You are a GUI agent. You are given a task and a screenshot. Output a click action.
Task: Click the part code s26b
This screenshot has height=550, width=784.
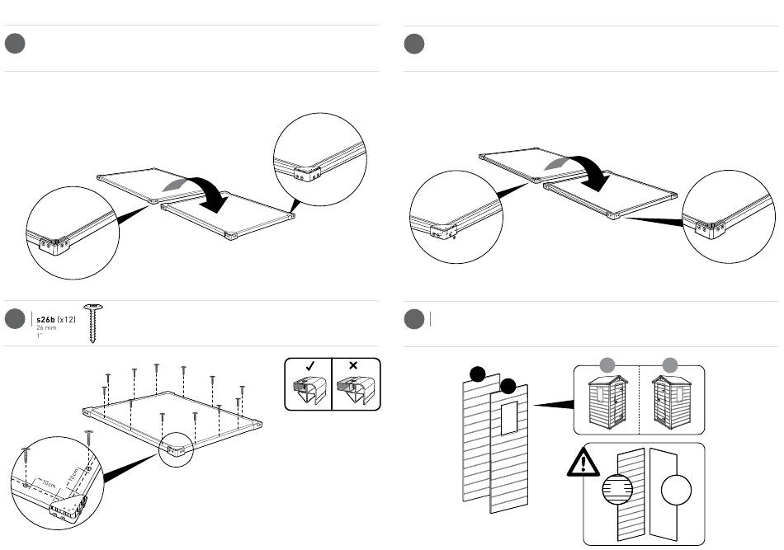(x=45, y=319)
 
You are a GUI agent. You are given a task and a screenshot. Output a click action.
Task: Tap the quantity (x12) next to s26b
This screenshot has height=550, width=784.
(x=67, y=319)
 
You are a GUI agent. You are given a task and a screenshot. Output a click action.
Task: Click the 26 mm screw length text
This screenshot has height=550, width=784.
(x=45, y=328)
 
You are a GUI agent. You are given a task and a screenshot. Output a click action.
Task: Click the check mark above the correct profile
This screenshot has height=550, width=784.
(x=307, y=366)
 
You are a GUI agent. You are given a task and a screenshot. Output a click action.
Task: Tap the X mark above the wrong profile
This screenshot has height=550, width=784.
(x=355, y=366)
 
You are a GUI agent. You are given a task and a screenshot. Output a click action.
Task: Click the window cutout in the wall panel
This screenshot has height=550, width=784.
(x=508, y=419)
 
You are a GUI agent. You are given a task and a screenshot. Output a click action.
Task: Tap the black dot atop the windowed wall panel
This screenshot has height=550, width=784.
(x=508, y=386)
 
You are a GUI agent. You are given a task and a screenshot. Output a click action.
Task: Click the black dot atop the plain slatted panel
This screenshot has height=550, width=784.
(x=477, y=374)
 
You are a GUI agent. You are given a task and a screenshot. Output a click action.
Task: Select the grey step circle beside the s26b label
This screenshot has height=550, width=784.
(x=16, y=321)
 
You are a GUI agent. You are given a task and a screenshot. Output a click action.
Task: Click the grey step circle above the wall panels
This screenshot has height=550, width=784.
(x=414, y=321)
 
